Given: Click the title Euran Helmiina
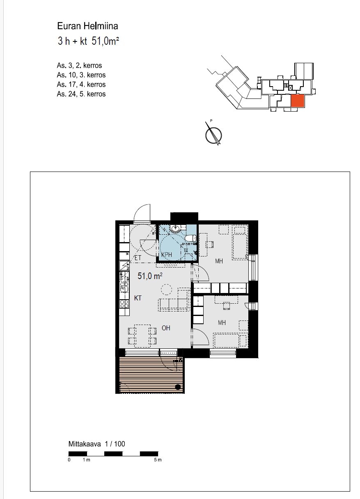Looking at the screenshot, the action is point(87,26).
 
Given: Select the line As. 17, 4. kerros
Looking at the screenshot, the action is point(81,85).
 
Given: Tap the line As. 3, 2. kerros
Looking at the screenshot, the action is point(79,66).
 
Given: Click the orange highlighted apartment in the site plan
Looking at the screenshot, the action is point(298,101).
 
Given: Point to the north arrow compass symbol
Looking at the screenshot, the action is point(213,134).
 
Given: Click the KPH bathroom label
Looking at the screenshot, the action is point(166,254).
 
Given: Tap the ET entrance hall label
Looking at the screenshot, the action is point(138,258).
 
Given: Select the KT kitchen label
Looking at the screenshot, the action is point(138,298).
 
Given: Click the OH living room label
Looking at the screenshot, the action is point(166,328).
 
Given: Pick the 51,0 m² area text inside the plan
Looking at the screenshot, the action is point(150,276).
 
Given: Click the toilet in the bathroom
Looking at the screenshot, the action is point(190,238).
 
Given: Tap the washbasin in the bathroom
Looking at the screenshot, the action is point(176,228).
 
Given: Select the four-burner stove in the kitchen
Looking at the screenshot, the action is point(124,304).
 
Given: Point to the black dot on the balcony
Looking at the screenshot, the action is point(178,387).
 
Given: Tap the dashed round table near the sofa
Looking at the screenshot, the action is point(166,290).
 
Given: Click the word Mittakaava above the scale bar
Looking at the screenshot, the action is point(85,444).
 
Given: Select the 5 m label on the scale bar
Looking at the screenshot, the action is point(158,460).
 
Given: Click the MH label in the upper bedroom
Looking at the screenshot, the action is point(219,261).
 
